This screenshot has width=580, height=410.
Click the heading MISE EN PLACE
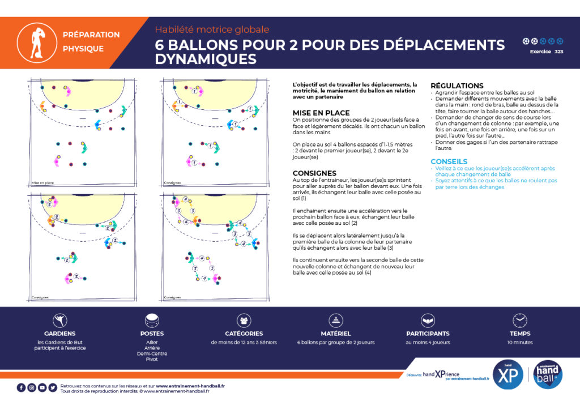pos(321,113)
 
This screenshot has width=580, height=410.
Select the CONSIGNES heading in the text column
pos(314,173)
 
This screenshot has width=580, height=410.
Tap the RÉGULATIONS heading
pos(457,86)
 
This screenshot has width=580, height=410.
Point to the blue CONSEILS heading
pos(449,161)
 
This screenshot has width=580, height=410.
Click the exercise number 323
pos(558,52)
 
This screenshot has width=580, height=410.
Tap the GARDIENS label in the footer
pos(59,334)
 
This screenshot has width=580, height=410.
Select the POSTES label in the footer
pos(152,334)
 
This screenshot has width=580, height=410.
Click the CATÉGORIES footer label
pos(244,334)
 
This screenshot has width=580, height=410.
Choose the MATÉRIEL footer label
pos(336,334)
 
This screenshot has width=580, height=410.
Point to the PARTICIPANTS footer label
pos(428,334)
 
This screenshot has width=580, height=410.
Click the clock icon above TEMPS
pos(520,320)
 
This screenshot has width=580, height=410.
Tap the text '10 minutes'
pos(520,342)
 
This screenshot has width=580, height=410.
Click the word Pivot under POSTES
pos(152,359)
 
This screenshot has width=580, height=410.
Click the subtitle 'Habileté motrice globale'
pos(212,29)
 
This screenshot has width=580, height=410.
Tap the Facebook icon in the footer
pos(21,388)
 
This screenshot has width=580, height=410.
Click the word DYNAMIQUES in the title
pos(206,59)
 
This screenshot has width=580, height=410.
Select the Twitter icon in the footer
pos(53,388)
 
